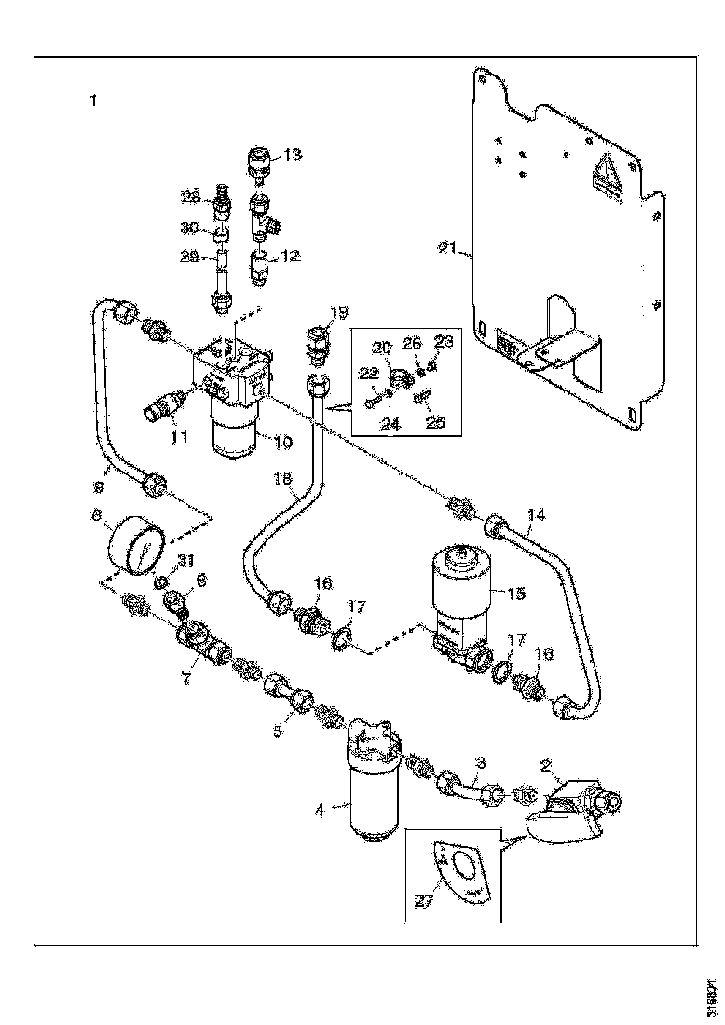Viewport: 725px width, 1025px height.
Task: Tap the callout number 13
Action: (x=293, y=155)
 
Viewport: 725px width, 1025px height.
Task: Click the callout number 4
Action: (x=319, y=811)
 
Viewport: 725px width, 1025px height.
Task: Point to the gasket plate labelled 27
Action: (x=464, y=872)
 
